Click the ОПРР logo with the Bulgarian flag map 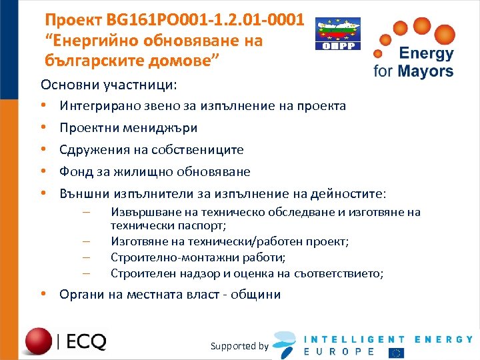point(337,34)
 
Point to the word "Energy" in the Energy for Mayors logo point(426,53)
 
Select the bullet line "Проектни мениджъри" point(128,128)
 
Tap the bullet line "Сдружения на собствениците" point(151,150)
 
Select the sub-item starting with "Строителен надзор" point(247,273)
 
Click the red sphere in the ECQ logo point(39,341)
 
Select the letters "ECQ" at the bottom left point(86,342)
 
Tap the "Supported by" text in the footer point(239,346)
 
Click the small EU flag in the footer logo point(396,352)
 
